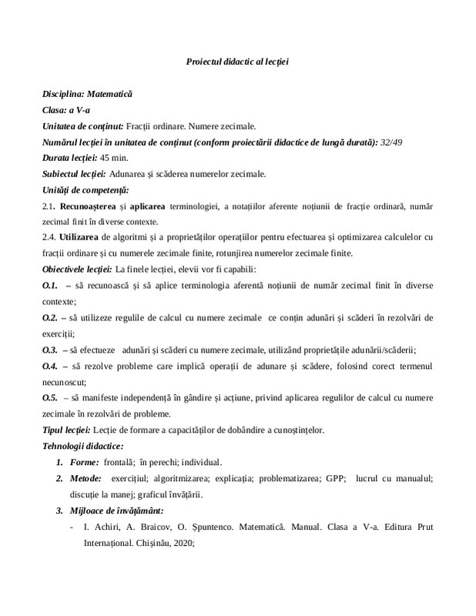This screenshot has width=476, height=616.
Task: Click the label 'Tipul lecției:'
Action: click(67, 430)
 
